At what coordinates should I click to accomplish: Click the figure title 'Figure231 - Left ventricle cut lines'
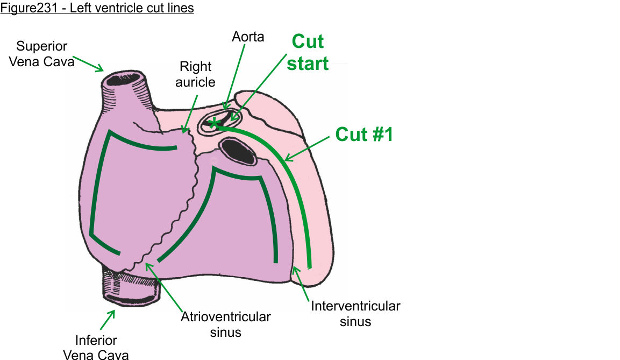coord(97,8)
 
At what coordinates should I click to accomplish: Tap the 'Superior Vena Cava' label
coord(45,54)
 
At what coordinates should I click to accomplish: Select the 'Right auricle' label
coord(196,74)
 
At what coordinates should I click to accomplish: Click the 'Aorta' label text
coord(248,37)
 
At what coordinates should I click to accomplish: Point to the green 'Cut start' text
coord(308,52)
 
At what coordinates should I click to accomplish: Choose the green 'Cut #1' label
coord(364,134)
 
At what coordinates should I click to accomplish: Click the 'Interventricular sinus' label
coord(355,314)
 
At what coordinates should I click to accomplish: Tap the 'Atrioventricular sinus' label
coord(226,324)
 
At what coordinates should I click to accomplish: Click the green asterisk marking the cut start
coord(215,124)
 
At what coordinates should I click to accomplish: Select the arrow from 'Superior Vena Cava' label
coord(88,63)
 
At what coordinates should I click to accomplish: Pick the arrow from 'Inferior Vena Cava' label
coord(107,320)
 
